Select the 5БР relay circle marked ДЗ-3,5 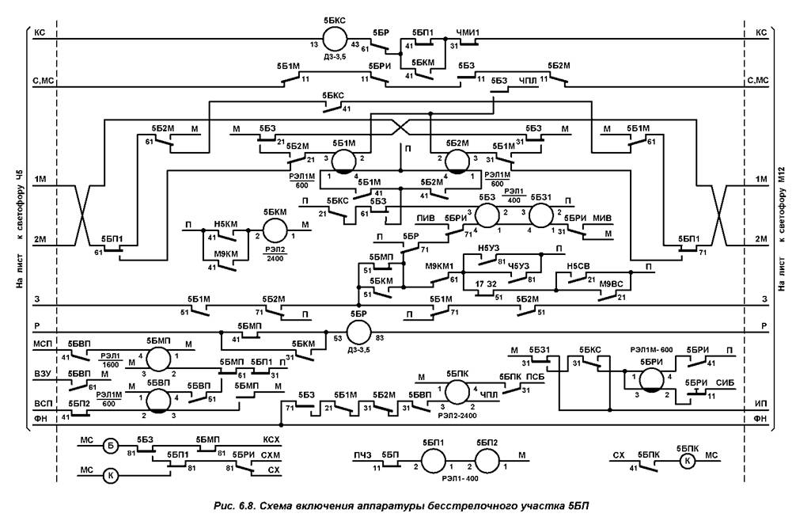coord(359,332)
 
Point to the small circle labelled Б coord(112,446)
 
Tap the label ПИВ coord(428,217)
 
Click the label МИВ coord(602,217)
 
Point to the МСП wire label coord(42,345)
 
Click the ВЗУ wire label coord(42,372)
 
